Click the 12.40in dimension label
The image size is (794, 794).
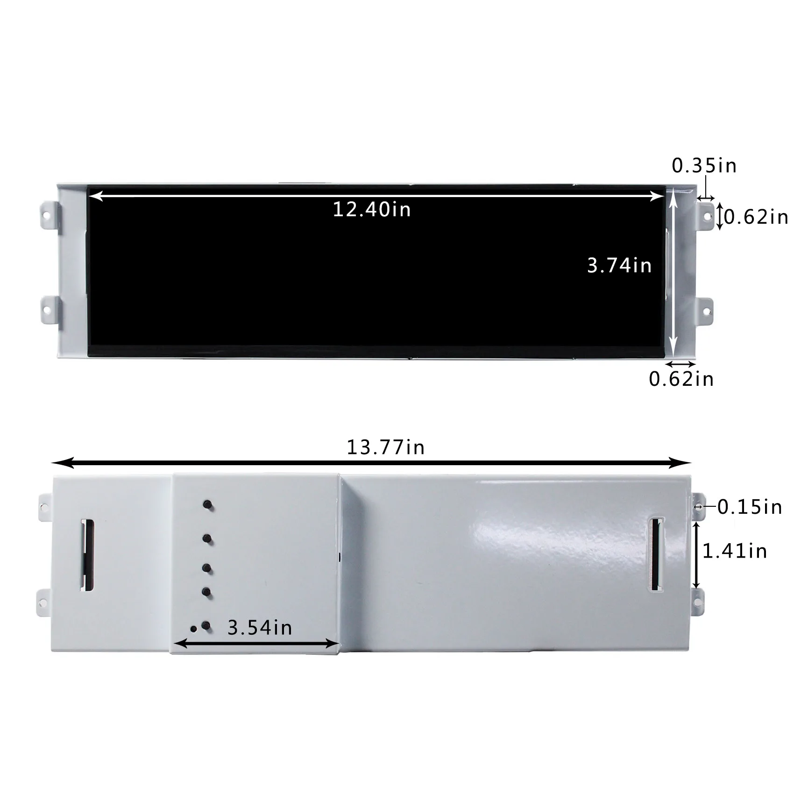point(371,210)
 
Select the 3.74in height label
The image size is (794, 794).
point(619,265)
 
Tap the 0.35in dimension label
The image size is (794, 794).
point(704,166)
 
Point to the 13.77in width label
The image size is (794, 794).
point(385,447)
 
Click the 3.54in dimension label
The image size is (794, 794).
point(260,628)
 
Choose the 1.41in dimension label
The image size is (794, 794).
point(735,551)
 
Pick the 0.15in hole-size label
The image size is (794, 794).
point(750,507)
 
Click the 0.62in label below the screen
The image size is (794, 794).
point(681,379)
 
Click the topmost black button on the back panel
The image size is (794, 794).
point(208,505)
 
